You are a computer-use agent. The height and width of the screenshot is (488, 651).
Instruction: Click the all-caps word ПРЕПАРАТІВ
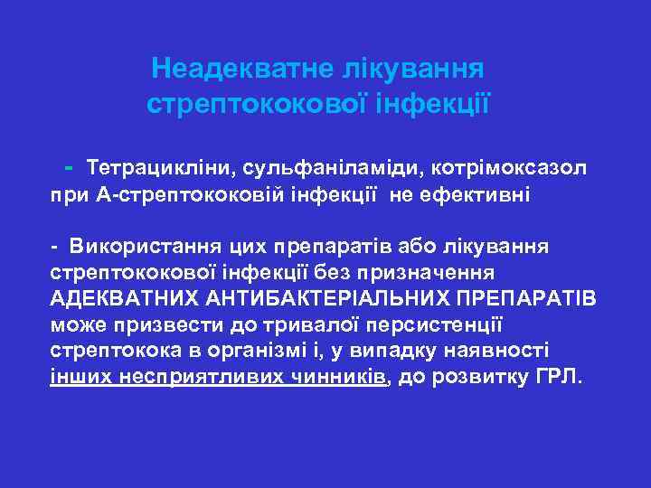(528, 297)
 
